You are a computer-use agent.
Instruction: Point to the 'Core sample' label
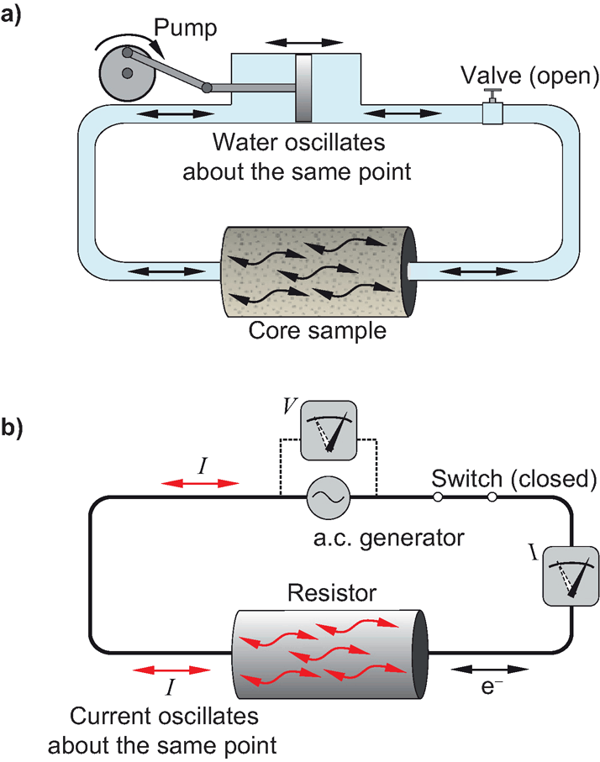coord(317,330)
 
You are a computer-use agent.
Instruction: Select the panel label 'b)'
coord(17,428)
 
